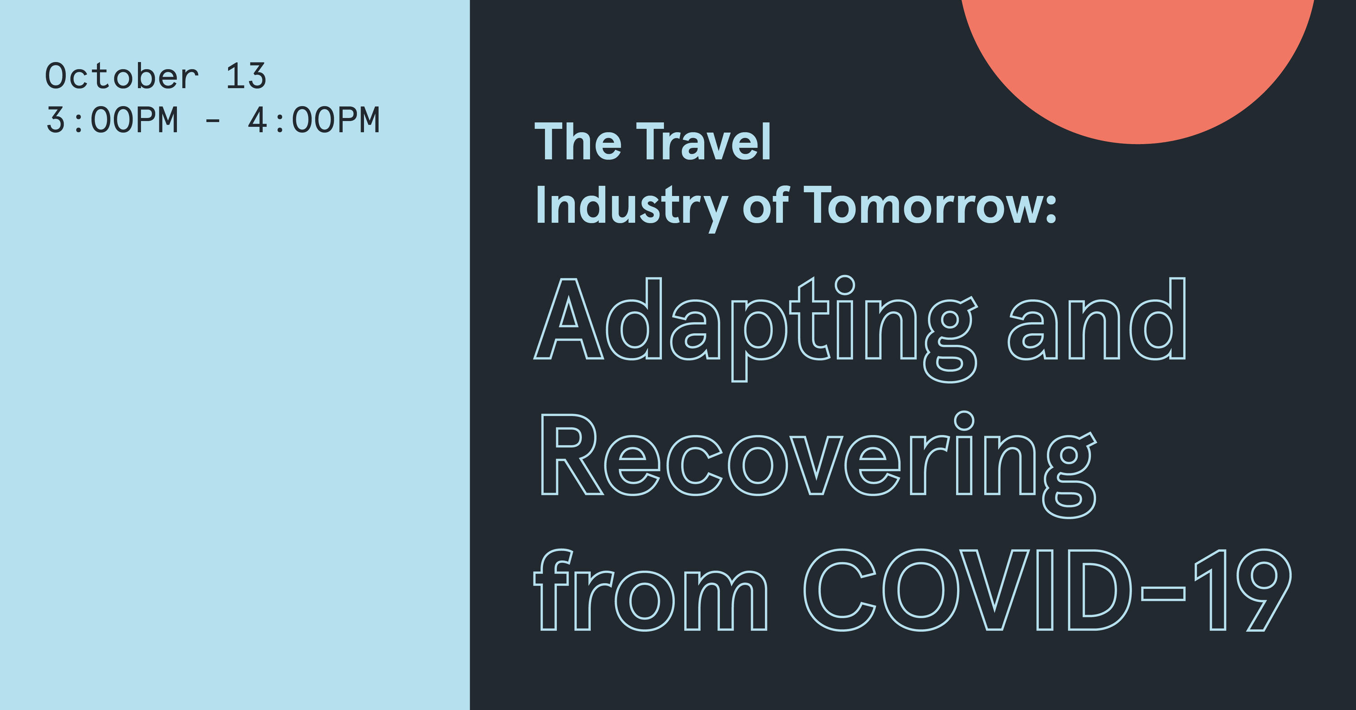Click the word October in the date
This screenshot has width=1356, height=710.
tap(122, 76)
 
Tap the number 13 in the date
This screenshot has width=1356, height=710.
tap(246, 76)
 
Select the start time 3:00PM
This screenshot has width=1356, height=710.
tap(112, 120)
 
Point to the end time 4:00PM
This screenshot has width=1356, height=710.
tap(314, 120)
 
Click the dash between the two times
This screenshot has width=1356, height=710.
tap(212, 122)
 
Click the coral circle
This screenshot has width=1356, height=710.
tap(1137, 58)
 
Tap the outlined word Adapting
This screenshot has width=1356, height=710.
tap(755, 328)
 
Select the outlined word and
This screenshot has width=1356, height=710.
tap(1097, 319)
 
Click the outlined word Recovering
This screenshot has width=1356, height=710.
tap(819, 464)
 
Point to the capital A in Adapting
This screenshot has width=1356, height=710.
tap(569, 319)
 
